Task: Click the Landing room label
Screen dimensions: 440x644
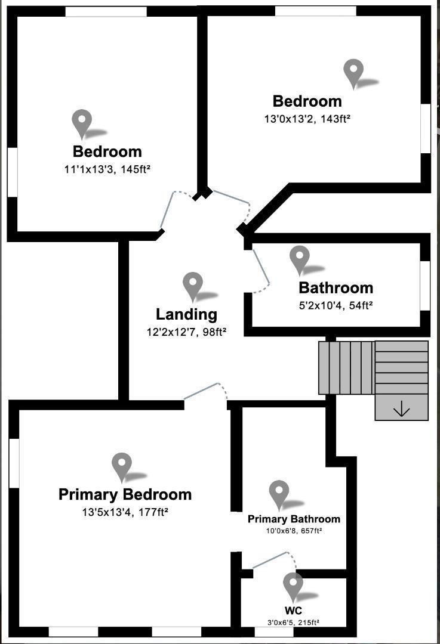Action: tap(186, 314)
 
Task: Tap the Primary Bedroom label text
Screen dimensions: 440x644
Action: tap(125, 494)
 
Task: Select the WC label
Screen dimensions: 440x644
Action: tap(293, 610)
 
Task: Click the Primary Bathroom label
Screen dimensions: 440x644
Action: tap(294, 519)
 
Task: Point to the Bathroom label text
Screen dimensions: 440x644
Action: tap(336, 287)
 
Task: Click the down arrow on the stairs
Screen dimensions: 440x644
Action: tap(401, 409)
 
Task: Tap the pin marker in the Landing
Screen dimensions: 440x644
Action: tap(192, 287)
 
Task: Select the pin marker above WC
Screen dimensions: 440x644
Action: tap(293, 587)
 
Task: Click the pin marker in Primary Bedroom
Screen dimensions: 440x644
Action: tap(122, 467)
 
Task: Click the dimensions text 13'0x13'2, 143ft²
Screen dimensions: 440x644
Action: tap(307, 119)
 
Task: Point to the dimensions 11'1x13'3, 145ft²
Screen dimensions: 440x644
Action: tap(107, 169)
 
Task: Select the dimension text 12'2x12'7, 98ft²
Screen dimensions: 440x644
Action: tap(187, 332)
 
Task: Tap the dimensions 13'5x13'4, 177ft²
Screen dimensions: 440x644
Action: tap(125, 512)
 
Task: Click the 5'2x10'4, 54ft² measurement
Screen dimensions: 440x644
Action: tap(336, 305)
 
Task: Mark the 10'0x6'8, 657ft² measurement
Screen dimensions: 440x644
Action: tap(294, 531)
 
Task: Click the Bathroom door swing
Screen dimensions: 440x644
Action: tap(261, 271)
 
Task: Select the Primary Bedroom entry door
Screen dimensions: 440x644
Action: tap(205, 391)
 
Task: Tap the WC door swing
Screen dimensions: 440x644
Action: tap(274, 560)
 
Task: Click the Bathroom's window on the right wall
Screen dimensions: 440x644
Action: tap(425, 286)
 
